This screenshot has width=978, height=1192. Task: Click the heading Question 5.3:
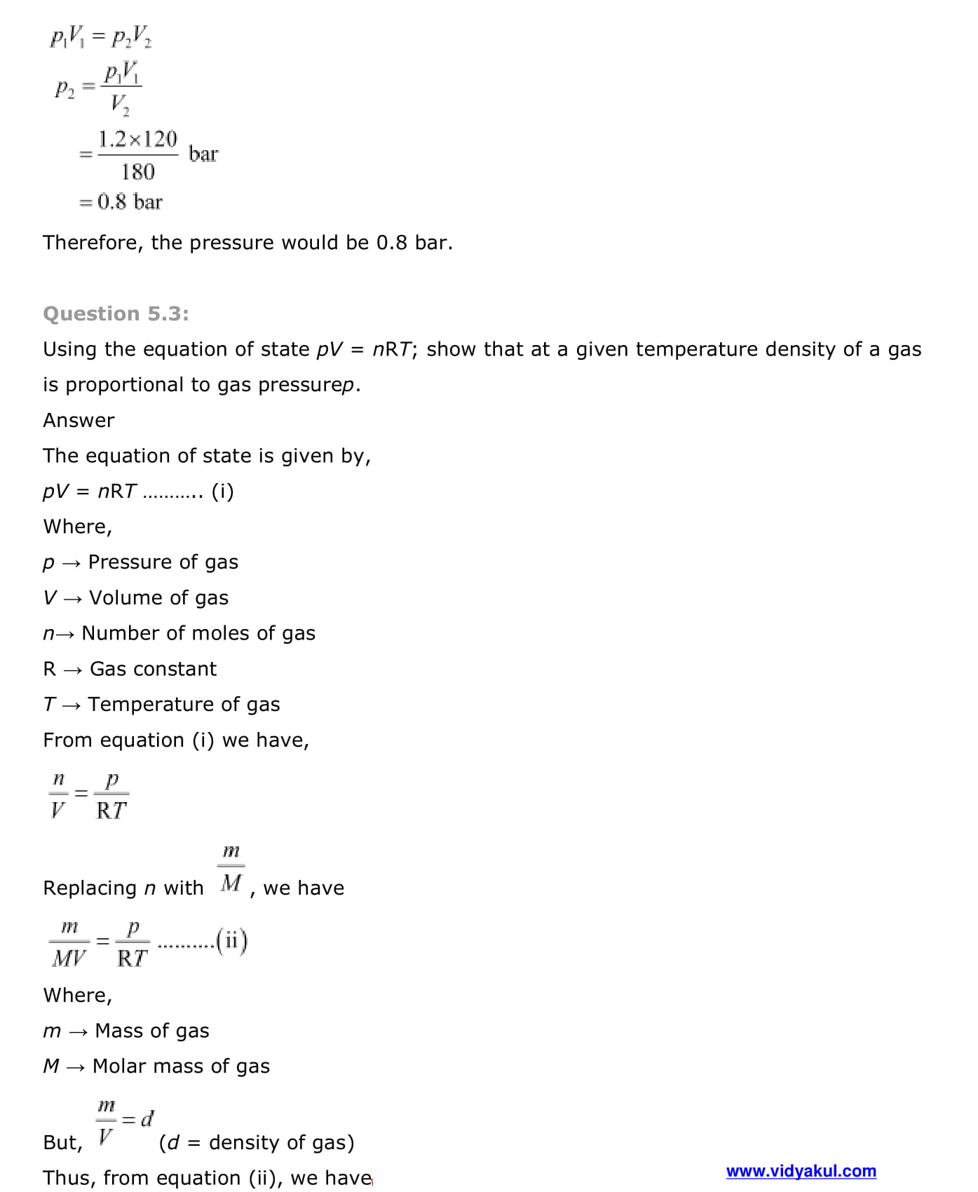116,313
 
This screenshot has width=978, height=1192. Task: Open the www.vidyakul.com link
801,1171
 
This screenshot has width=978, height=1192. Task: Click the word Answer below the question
79,420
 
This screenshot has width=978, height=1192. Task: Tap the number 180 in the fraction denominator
137,172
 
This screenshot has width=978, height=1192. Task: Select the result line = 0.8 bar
121,202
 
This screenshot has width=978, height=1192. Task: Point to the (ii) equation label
232,940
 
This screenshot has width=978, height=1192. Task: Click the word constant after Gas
175,669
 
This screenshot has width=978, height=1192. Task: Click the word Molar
119,1066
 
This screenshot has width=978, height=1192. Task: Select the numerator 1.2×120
137,139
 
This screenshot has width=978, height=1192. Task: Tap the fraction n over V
58,795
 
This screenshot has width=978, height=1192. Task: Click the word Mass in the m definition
120,1031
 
